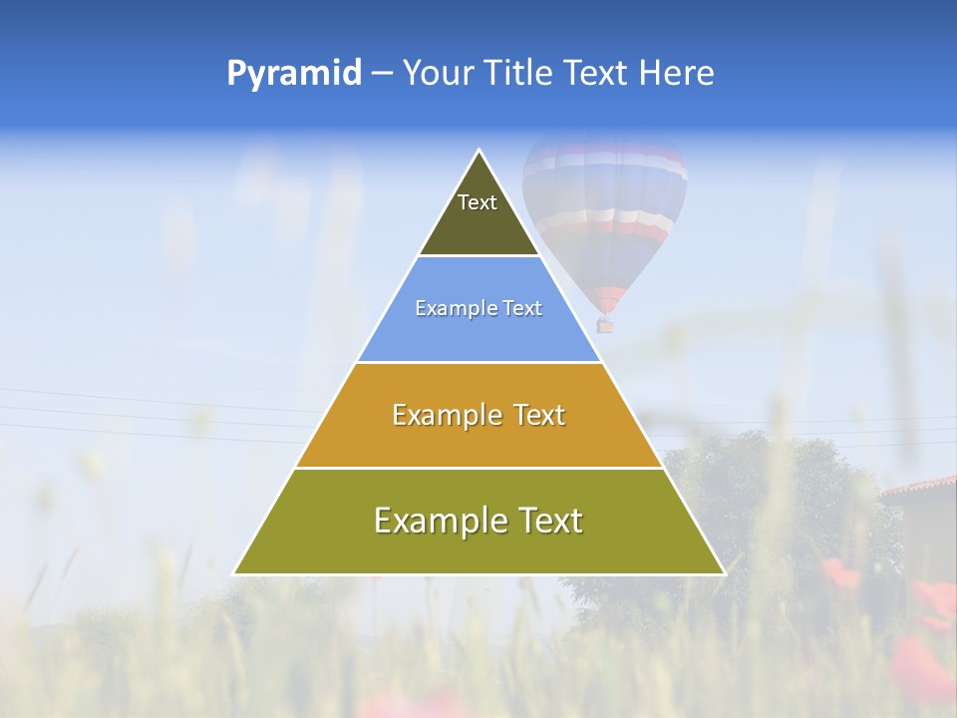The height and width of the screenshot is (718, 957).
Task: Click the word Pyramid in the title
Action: pyautogui.click(x=294, y=74)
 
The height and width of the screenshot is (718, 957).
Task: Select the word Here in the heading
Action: pyautogui.click(x=676, y=74)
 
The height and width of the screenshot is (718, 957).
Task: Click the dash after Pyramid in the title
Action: pyautogui.click(x=382, y=74)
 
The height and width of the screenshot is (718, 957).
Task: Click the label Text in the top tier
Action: pyautogui.click(x=478, y=202)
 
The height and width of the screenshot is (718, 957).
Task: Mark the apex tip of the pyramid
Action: pyautogui.click(x=479, y=152)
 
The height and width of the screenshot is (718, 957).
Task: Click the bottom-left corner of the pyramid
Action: pyautogui.click(x=235, y=573)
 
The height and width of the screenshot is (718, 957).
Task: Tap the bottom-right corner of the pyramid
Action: pyautogui.click(x=723, y=573)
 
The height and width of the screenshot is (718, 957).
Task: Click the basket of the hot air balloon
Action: pyautogui.click(x=604, y=324)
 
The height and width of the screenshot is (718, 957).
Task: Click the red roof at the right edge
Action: pyautogui.click(x=922, y=487)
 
